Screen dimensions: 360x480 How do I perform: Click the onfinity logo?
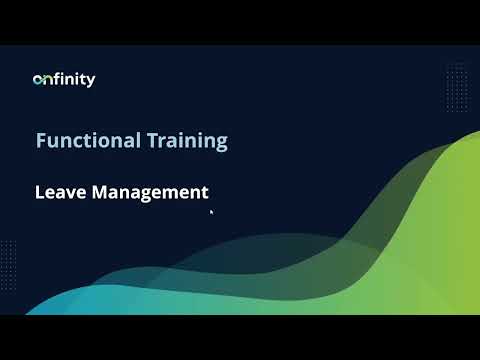click(64, 80)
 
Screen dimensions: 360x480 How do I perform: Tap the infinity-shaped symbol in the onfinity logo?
click(42, 80)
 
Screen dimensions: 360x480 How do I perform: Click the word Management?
click(149, 192)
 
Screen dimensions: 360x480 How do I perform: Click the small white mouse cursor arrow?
click(211, 211)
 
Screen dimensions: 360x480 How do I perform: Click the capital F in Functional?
click(41, 140)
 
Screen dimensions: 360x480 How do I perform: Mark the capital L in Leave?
click(39, 192)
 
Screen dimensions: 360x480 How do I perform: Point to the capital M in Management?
click(100, 192)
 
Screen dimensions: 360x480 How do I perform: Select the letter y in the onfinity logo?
click(92, 82)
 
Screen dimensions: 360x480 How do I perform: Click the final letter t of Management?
click(204, 192)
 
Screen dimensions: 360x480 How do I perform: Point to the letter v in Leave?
click(70, 193)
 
